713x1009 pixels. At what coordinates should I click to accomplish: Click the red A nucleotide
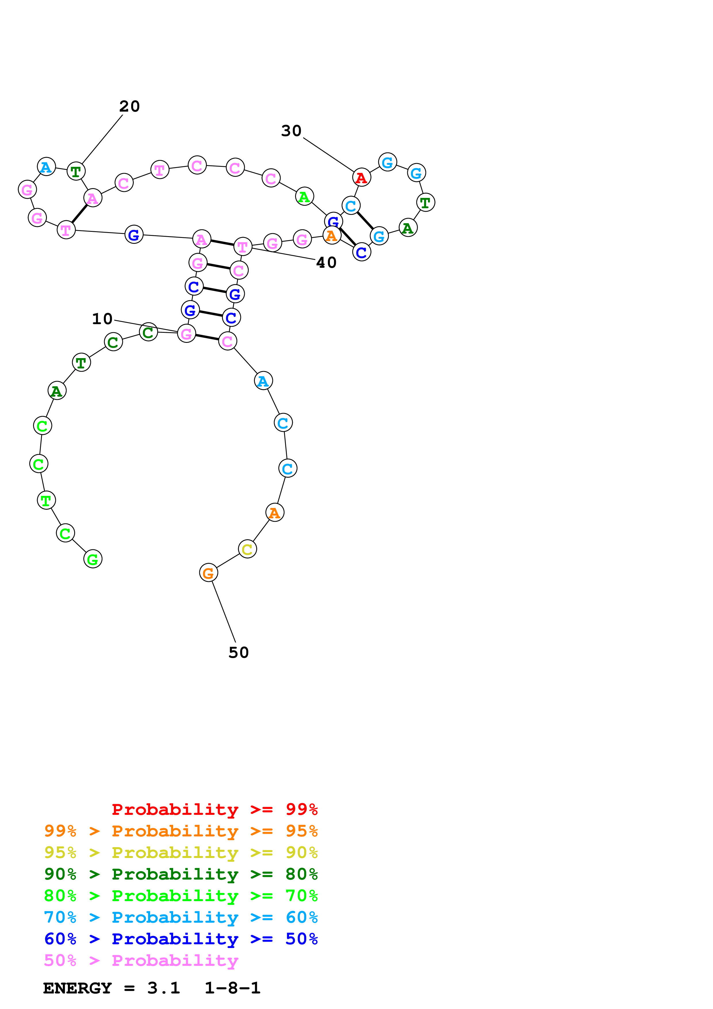click(x=362, y=177)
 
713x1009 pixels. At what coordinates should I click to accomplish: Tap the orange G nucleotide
click(x=208, y=573)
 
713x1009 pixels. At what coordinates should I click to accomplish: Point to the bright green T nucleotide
click(x=46, y=500)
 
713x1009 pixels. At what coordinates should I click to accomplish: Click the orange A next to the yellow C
click(x=275, y=513)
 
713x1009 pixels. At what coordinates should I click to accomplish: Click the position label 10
click(x=102, y=319)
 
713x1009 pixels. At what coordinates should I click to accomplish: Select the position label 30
click(x=291, y=131)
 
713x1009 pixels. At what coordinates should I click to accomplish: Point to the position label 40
click(x=326, y=262)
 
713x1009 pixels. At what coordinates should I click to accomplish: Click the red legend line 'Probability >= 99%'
click(x=214, y=809)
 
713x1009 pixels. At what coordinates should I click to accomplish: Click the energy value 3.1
click(x=163, y=988)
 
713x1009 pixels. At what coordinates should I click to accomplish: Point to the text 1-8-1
click(x=232, y=988)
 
